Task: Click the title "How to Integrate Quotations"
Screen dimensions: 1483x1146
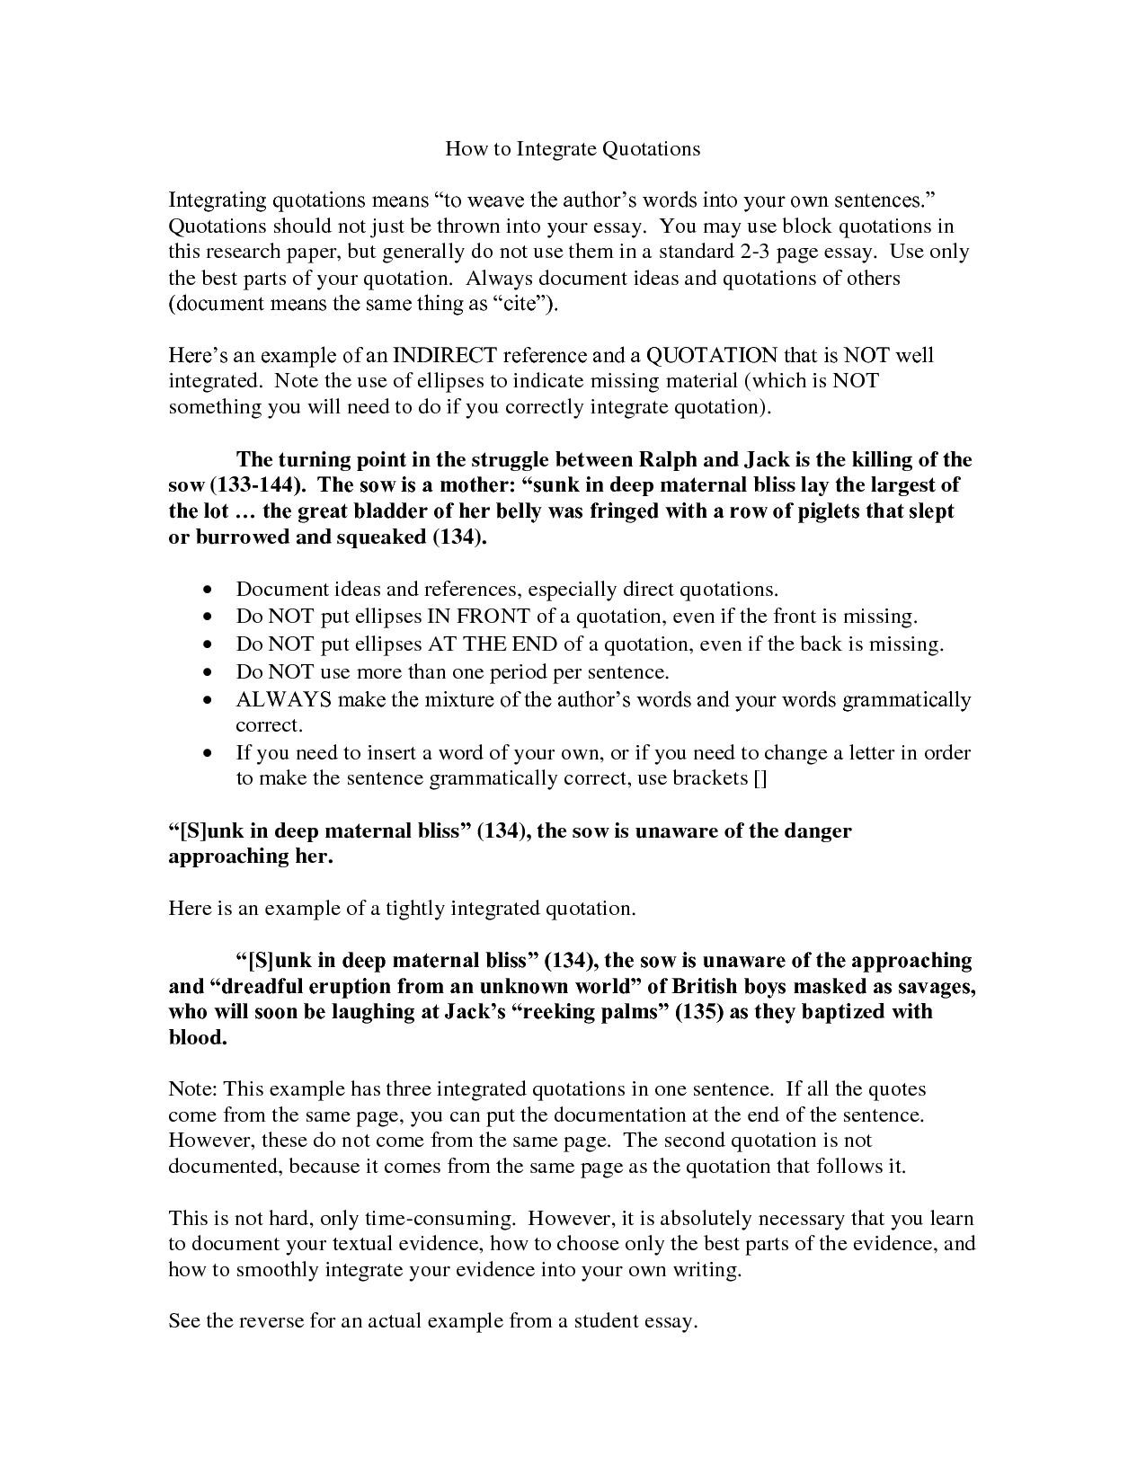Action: [x=573, y=148]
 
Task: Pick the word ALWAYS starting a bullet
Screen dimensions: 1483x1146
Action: [x=283, y=699]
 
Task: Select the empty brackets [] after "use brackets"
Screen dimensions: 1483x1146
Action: [x=760, y=778]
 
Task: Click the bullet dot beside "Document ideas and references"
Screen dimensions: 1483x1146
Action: [x=209, y=591]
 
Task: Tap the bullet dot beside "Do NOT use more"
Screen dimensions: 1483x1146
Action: [x=209, y=672]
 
